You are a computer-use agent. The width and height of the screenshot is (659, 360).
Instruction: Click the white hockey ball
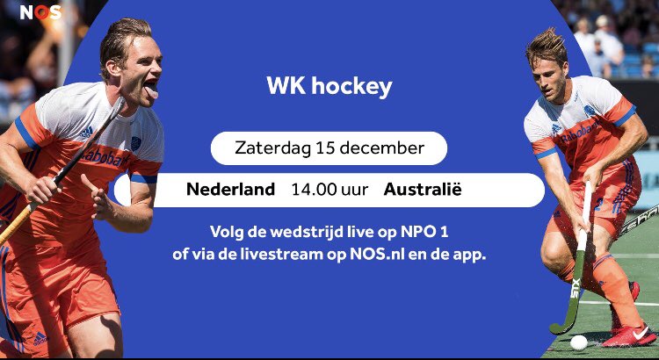pyautogui.click(x=578, y=342)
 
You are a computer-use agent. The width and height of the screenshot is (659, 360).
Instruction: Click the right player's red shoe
pyautogui.click(x=630, y=335)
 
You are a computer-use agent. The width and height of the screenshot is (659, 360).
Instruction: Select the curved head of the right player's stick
pyautogui.click(x=559, y=326)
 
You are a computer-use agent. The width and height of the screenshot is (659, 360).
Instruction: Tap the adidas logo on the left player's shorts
pyautogui.click(x=40, y=338)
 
